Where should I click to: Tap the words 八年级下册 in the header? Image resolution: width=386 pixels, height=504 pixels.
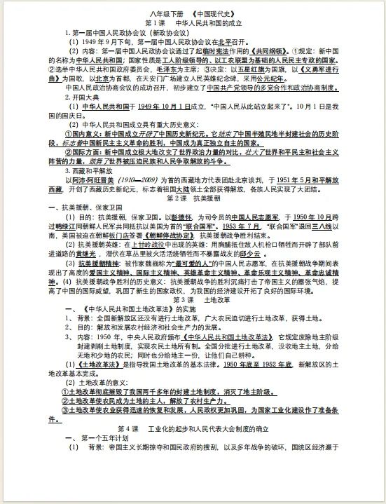click(x=164, y=13)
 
